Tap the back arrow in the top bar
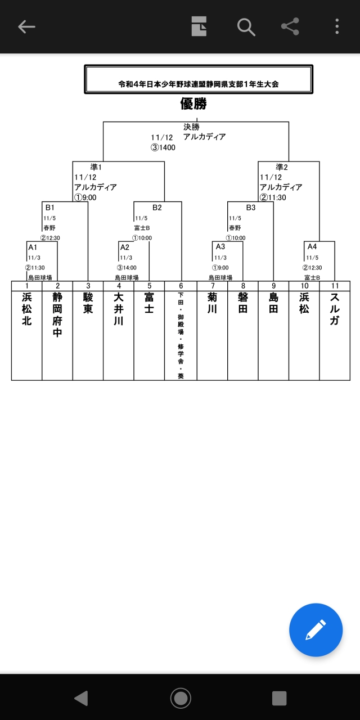(26, 26)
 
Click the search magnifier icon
(246, 26)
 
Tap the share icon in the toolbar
(290, 26)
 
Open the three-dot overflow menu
(337, 26)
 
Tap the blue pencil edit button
(316, 630)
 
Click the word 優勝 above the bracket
(193, 103)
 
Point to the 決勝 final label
(191, 127)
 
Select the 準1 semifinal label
(96, 167)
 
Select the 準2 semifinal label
(282, 167)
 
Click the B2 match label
(157, 208)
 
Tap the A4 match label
(312, 246)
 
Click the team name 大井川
(118, 309)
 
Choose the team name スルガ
(334, 309)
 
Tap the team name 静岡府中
(57, 314)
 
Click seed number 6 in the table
(181, 286)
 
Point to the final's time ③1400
(163, 148)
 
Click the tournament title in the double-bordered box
(199, 84)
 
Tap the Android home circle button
(181, 698)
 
